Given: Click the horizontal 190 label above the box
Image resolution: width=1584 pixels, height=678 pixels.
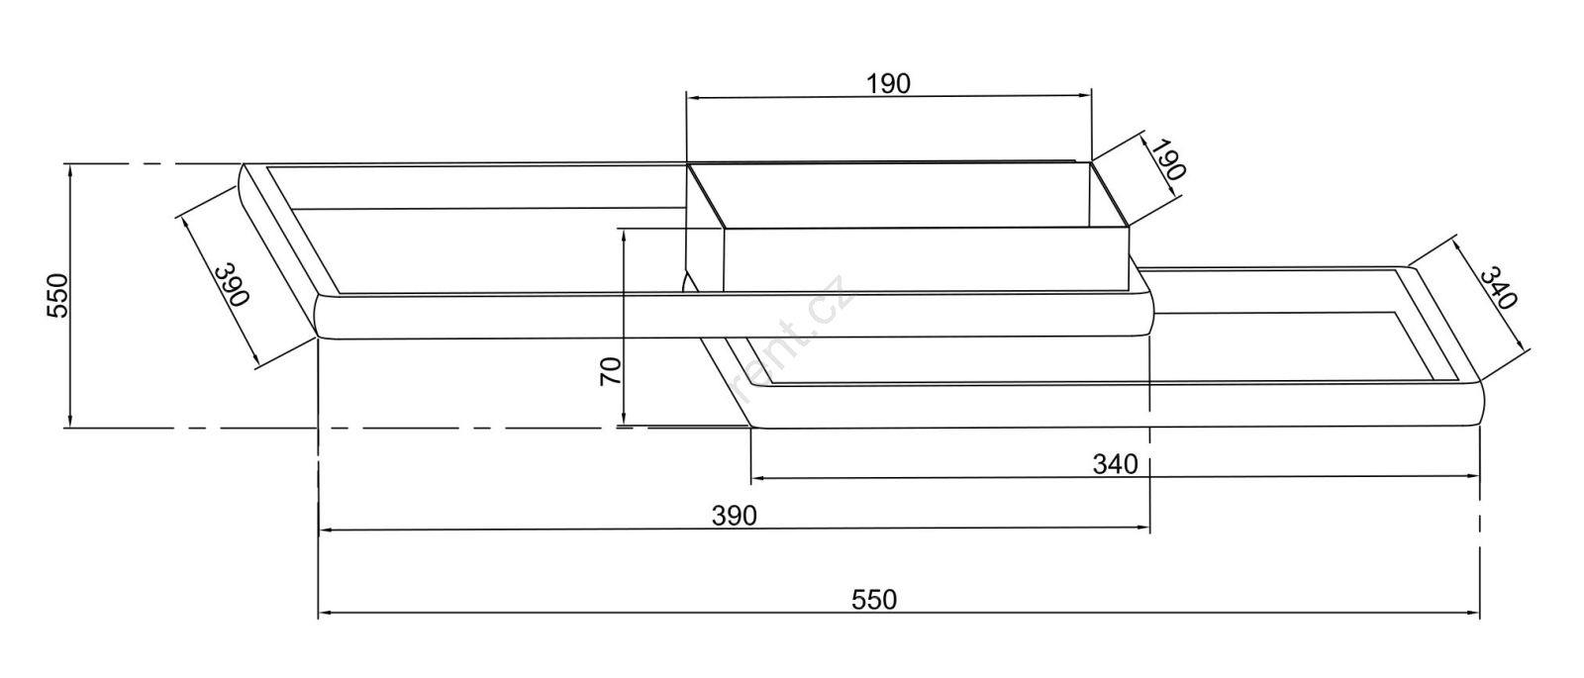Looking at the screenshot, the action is (888, 84).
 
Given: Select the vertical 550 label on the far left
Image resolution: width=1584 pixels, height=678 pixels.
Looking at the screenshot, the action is (58, 296).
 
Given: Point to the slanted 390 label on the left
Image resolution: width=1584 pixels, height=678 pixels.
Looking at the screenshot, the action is (232, 284).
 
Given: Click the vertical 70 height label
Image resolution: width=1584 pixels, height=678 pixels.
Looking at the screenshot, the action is (611, 372).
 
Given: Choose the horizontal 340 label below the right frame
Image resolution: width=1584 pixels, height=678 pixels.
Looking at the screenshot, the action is (1115, 464).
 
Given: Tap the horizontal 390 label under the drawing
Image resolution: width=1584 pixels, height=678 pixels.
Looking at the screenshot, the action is (734, 516).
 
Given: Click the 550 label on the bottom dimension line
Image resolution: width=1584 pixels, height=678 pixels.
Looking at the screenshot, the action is (874, 600).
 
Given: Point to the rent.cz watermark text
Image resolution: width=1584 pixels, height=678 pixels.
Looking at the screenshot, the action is (792, 339).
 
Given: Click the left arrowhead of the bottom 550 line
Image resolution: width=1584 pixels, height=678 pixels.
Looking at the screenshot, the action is (326, 613).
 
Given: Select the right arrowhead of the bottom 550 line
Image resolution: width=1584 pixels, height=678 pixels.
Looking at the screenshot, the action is (1472, 613).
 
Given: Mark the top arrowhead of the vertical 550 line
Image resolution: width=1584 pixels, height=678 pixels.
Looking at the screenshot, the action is (70, 171).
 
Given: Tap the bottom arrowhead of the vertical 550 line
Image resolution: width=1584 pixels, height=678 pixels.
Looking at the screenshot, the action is (70, 420).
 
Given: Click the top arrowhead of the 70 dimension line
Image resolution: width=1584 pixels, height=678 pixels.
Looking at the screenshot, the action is (624, 237).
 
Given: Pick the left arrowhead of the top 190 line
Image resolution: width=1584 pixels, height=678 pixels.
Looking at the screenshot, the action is (694, 97).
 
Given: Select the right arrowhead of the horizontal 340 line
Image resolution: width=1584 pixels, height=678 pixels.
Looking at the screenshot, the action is (1472, 477).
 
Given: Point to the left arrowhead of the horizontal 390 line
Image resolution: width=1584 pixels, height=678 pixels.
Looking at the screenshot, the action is (326, 529).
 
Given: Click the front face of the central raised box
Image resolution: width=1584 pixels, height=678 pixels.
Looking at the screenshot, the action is (926, 258).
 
